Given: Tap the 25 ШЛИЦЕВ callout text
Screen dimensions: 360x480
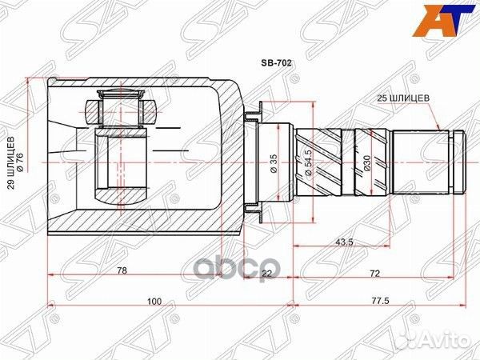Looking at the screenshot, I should (405, 98).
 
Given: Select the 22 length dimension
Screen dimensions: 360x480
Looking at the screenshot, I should (266, 273).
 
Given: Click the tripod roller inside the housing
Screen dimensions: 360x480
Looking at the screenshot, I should (121, 107).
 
